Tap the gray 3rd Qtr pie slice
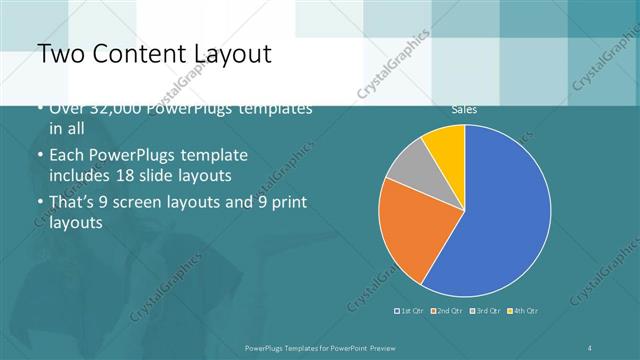pyautogui.click(x=408, y=164)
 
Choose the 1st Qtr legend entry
pyautogui.click(x=411, y=310)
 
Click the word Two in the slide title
pyautogui.click(x=57, y=54)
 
